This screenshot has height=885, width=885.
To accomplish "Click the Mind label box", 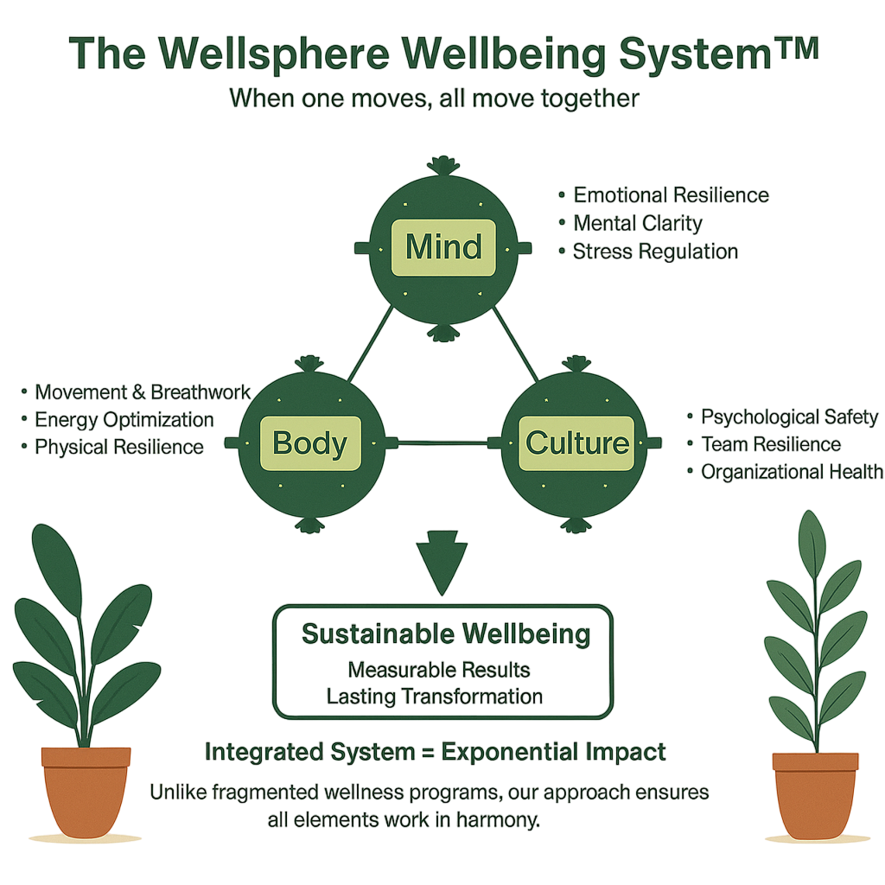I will click(x=443, y=247).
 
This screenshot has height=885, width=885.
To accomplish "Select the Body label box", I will click(x=309, y=443).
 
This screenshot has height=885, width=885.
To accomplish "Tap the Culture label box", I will click(x=577, y=443).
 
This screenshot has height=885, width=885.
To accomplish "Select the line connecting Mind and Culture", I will click(x=515, y=346).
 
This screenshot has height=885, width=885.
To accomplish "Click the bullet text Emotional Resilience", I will click(x=671, y=195).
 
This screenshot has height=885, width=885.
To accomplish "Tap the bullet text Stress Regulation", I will click(x=655, y=251).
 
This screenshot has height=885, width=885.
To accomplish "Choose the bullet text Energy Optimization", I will click(x=124, y=420).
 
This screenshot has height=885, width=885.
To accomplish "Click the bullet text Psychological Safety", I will click(x=789, y=417).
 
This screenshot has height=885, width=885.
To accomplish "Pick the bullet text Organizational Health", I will click(x=792, y=472).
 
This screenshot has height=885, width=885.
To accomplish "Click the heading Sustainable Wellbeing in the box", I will click(x=446, y=634).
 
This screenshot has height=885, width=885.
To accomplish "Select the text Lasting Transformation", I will click(x=435, y=697).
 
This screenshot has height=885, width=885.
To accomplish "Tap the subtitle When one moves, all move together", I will click(x=434, y=99).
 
